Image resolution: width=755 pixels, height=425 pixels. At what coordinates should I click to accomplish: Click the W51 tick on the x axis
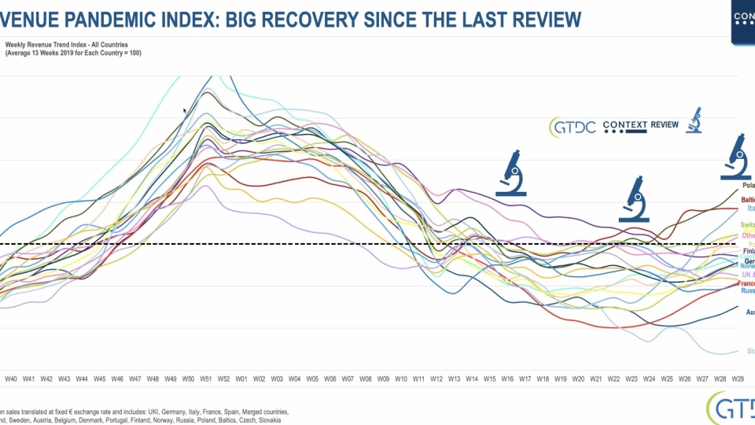coord(206,379)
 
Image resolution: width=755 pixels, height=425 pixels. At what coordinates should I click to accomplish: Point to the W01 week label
coord(241,379)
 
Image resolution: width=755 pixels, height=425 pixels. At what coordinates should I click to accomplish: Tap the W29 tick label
coord(738,379)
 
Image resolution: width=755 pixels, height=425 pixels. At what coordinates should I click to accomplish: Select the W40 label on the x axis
coord(11,379)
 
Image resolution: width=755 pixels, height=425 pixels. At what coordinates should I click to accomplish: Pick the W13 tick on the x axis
coord(454,379)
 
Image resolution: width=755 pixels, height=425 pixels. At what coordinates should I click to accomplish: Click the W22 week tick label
coord(614,379)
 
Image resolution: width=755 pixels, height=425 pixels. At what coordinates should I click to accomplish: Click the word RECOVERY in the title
coord(304,18)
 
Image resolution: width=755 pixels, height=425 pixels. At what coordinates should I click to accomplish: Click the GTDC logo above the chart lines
coord(571,126)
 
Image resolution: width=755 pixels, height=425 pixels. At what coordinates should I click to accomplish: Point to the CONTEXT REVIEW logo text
coord(640,125)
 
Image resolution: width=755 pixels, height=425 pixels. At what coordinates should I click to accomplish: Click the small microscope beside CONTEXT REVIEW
coord(694,120)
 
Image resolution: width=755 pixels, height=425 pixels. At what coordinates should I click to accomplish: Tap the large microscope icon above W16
coord(511,172)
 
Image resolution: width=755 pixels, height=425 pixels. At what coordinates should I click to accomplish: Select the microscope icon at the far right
coord(737,157)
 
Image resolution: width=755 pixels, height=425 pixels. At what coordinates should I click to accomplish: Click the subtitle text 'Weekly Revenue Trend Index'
coord(47,45)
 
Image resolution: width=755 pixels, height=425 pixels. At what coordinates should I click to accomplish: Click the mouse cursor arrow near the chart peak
coord(186,112)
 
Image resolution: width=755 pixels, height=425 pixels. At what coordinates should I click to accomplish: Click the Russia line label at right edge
coord(747,290)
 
